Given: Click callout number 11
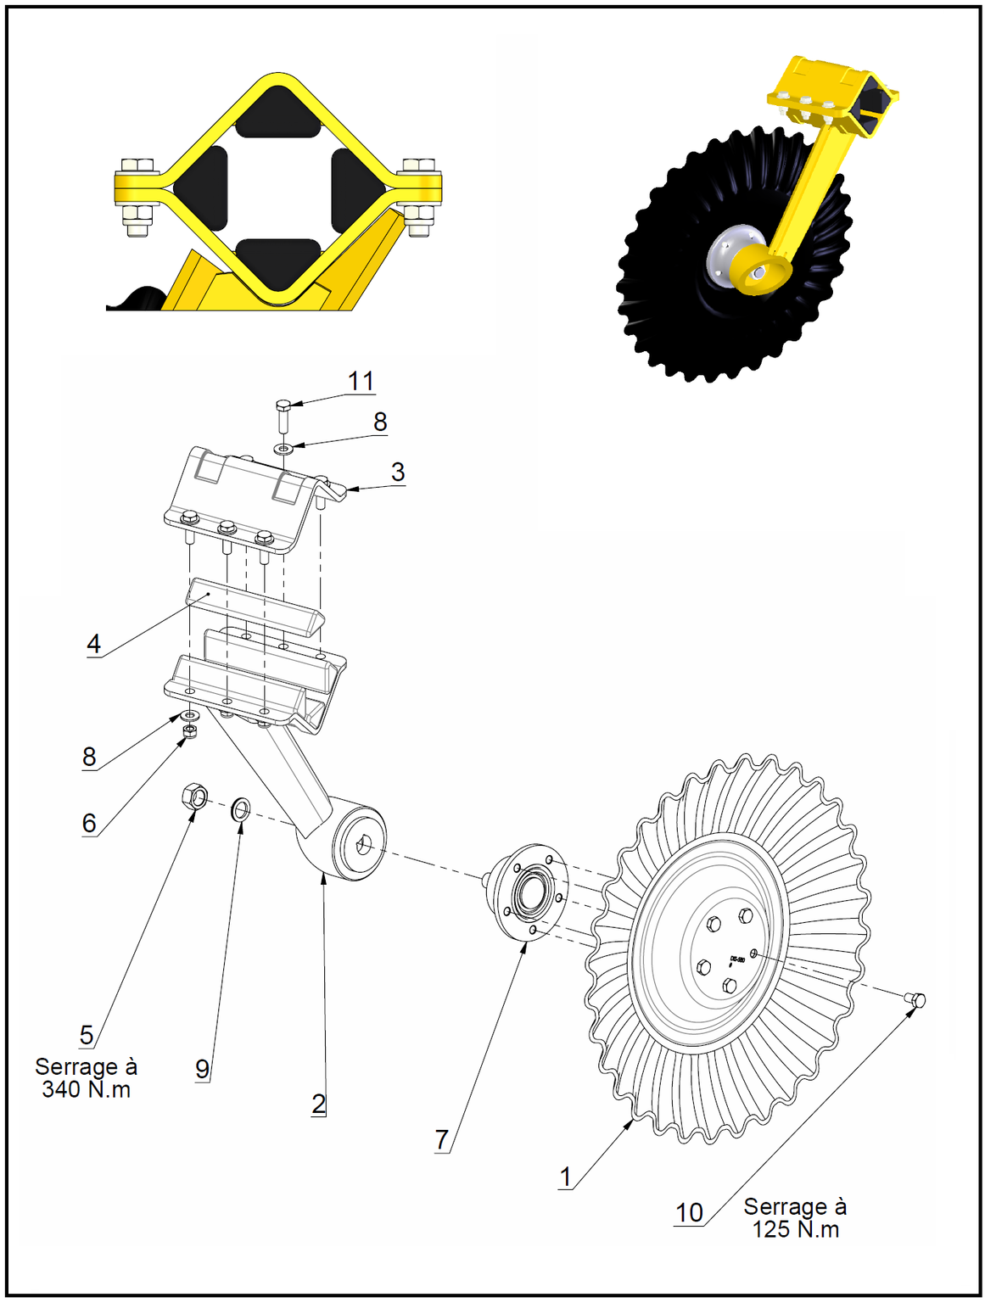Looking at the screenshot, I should click(x=361, y=382).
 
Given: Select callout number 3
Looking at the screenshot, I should click(x=397, y=473).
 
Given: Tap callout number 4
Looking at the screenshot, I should click(x=94, y=644).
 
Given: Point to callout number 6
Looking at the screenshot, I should click(x=89, y=823).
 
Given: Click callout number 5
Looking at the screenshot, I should click(x=87, y=1035).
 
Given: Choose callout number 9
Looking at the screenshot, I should click(x=202, y=1069).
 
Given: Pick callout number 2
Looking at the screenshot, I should click(x=318, y=1104).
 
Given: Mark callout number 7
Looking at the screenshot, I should click(x=441, y=1139).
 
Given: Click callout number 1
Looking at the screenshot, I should click(x=566, y=1177).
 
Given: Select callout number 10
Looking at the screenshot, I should click(x=689, y=1213).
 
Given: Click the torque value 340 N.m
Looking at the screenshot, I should click(x=86, y=1090).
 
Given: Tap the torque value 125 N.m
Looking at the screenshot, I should click(x=795, y=1230).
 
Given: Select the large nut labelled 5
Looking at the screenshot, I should click(x=194, y=797).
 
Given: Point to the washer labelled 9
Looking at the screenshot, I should click(x=240, y=809).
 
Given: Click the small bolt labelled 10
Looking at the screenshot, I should click(x=916, y=1000).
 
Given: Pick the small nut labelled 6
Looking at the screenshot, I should click(x=190, y=730).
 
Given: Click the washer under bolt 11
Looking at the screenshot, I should click(x=283, y=446).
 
